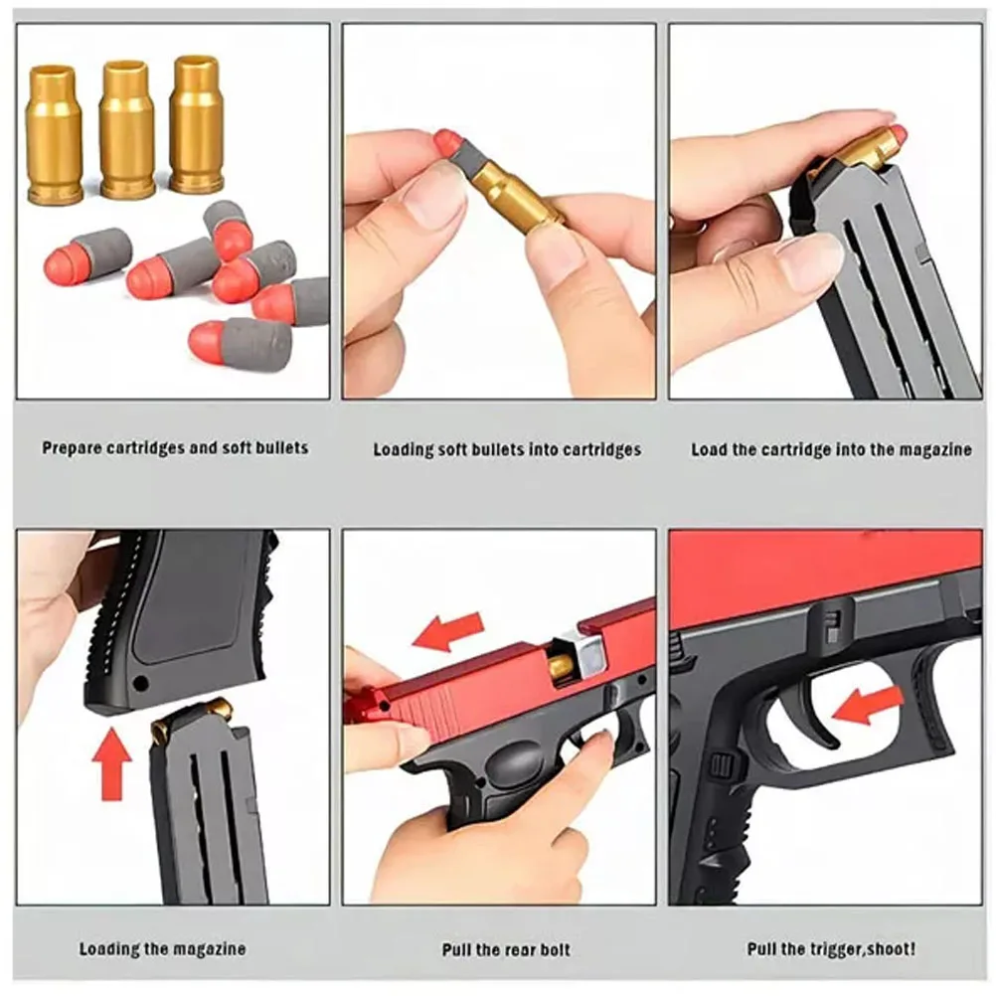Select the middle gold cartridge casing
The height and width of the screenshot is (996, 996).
click(127, 129)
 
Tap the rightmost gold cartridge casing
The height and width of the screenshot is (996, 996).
click(196, 124)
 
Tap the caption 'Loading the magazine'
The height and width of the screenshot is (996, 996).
click(162, 949)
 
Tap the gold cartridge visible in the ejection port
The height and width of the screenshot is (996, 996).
click(562, 665)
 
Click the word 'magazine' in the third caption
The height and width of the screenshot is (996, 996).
click(935, 449)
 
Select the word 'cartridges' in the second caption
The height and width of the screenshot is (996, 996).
click(601, 449)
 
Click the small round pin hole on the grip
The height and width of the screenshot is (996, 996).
click(139, 684)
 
